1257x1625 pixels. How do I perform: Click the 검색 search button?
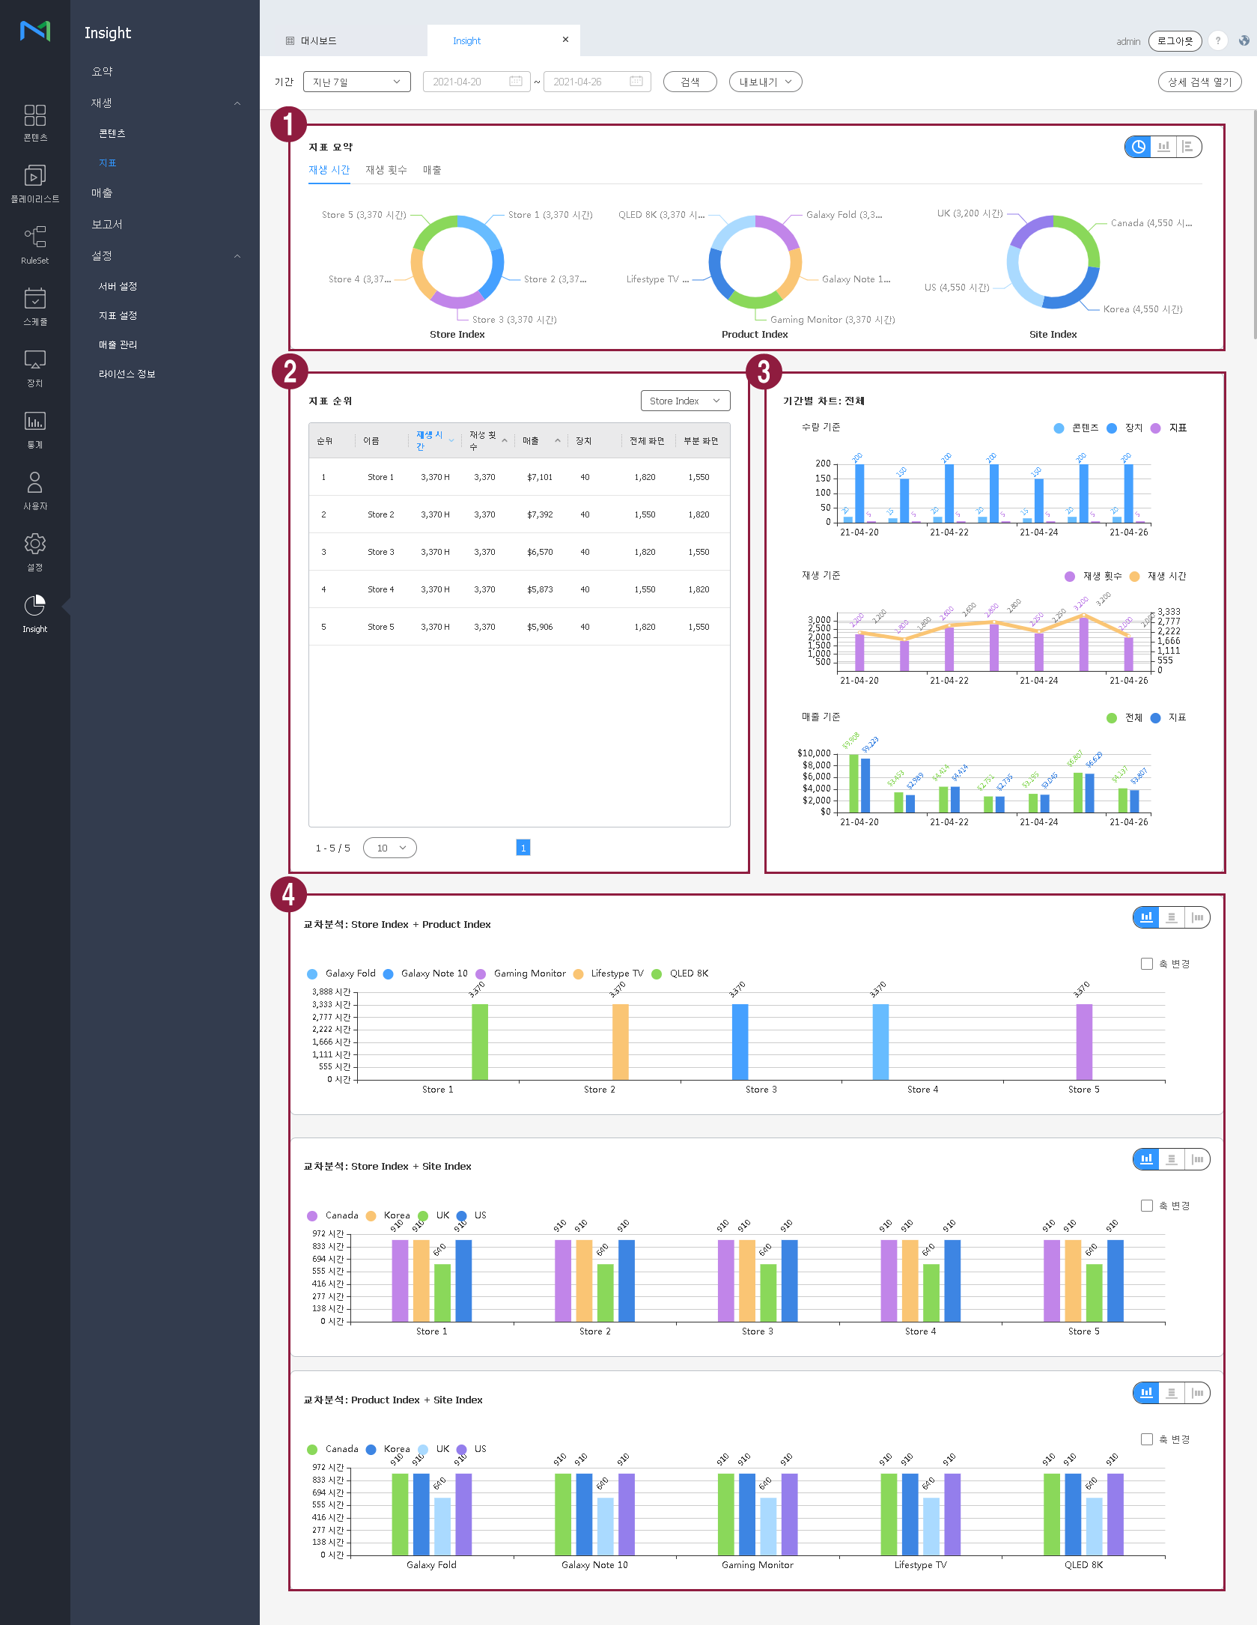pyautogui.click(x=690, y=82)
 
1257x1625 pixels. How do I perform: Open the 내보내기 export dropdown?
pyautogui.click(x=765, y=82)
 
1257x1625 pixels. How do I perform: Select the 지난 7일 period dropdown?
pyautogui.click(x=356, y=82)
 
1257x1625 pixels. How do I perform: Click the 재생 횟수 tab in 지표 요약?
pyautogui.click(x=386, y=170)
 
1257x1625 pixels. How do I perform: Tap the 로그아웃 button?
pyautogui.click(x=1174, y=41)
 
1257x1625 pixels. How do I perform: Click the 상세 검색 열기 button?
pyautogui.click(x=1199, y=82)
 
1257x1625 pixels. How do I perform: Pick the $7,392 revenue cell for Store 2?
pyautogui.click(x=540, y=514)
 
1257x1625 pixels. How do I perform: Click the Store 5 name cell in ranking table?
pyautogui.click(x=380, y=627)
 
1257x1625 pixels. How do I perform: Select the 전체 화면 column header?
pyautogui.click(x=646, y=441)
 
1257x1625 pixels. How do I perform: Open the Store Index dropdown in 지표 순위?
pyautogui.click(x=685, y=401)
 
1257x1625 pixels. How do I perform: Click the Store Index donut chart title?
pyautogui.click(x=457, y=335)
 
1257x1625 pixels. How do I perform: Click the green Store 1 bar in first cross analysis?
pyautogui.click(x=480, y=1041)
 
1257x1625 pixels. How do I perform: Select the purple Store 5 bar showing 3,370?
pyautogui.click(x=1083, y=1041)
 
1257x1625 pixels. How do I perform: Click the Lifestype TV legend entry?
pyautogui.click(x=616, y=974)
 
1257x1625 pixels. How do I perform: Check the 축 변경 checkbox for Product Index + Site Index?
pyautogui.click(x=1146, y=1439)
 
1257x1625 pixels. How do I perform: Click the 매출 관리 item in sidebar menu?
pyautogui.click(x=118, y=344)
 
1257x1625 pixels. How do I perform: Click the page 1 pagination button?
pyautogui.click(x=523, y=848)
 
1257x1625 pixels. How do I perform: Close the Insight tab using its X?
pyautogui.click(x=565, y=40)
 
